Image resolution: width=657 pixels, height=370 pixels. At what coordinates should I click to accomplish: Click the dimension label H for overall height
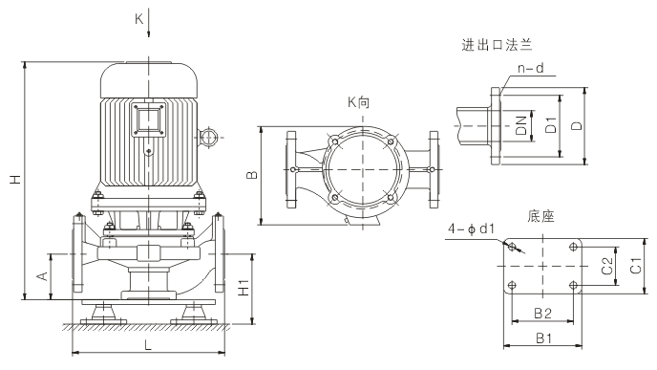point(16,180)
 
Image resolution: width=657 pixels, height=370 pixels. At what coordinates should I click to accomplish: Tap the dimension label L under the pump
point(147,345)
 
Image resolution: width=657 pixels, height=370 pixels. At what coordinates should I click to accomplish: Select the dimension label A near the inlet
point(42,276)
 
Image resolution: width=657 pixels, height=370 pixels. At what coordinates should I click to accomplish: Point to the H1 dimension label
point(244,288)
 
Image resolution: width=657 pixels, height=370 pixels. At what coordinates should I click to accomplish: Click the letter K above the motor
point(139,19)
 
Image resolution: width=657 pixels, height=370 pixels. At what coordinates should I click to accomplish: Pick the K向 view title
point(359,102)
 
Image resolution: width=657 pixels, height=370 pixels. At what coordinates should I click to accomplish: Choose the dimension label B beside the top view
point(252,175)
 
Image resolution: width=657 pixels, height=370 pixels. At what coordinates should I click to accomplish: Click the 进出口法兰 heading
point(497,45)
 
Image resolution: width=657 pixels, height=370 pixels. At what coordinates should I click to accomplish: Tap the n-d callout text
point(531,68)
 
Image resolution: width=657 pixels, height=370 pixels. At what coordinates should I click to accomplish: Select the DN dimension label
point(521,125)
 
